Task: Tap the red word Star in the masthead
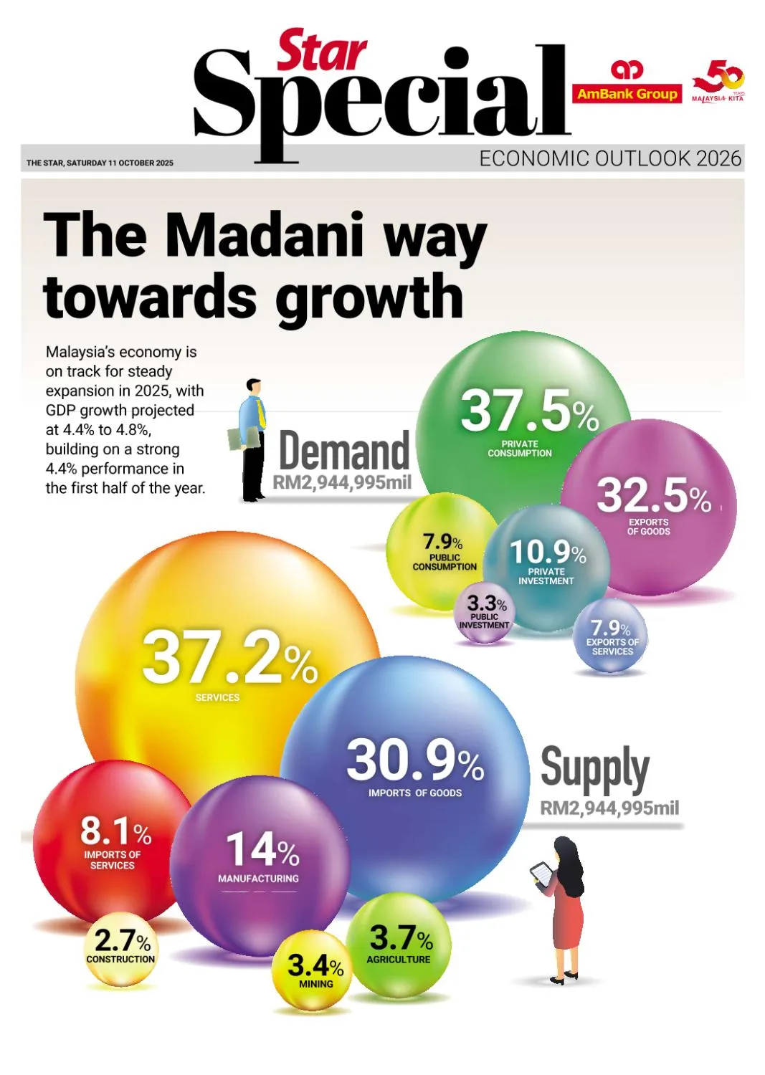(x=322, y=51)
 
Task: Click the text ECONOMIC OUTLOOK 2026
(x=610, y=158)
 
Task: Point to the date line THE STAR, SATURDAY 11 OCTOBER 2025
(x=100, y=163)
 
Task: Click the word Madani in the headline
(x=265, y=236)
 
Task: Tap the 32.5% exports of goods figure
(x=653, y=495)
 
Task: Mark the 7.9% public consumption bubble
(x=443, y=548)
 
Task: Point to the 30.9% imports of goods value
(x=414, y=761)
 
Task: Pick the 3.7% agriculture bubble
(x=401, y=943)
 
